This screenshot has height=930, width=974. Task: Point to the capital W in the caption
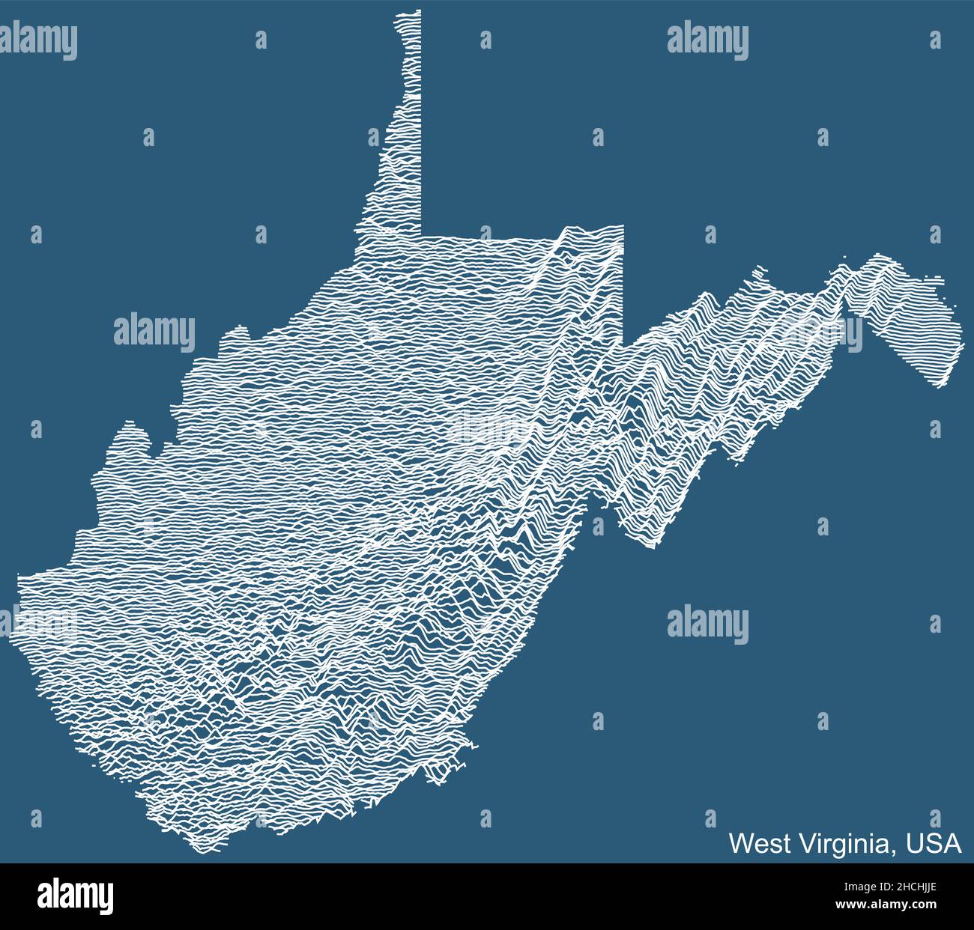click(741, 843)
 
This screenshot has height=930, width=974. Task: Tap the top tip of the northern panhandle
click(408, 11)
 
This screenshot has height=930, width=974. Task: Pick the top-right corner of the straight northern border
click(623, 225)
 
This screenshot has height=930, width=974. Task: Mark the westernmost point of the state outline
click(12, 636)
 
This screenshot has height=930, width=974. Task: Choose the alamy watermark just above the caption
click(707, 622)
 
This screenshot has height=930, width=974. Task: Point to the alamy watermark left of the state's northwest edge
click(154, 332)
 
